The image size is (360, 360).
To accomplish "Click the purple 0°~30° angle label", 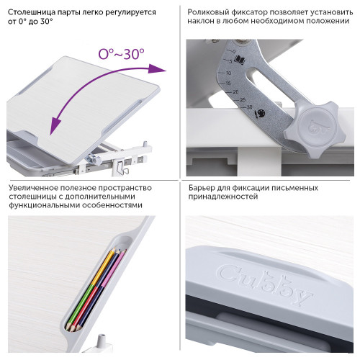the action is coord(122,54).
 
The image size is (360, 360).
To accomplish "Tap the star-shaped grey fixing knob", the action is coord(315,130).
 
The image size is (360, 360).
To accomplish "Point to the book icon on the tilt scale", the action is coord(240,60).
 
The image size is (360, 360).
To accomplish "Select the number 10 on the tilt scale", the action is coord(228,73).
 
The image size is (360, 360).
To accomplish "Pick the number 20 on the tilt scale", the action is coord(235,92).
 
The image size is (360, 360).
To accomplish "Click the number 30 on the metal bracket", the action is coord(249,107).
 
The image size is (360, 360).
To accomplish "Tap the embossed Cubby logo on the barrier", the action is coord(265,285).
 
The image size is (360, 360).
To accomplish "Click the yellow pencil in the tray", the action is coord(104,268).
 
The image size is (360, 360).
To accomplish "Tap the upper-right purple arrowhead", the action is coord(156,68).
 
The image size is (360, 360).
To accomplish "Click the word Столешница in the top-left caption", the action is coord(28,12).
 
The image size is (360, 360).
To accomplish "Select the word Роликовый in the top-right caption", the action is coord(207,12).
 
